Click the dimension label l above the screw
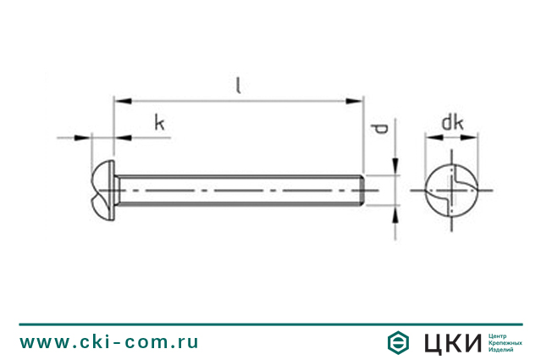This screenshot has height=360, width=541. [238, 86]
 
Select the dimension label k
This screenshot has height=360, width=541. [159, 123]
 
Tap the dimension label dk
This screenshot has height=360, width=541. [452, 123]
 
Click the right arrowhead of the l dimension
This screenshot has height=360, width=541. [355, 101]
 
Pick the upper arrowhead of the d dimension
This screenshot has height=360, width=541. [395, 166]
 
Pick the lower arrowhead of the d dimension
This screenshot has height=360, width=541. [395, 214]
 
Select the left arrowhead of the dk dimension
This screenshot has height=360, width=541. [434, 137]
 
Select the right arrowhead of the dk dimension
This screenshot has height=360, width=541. [469, 137]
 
